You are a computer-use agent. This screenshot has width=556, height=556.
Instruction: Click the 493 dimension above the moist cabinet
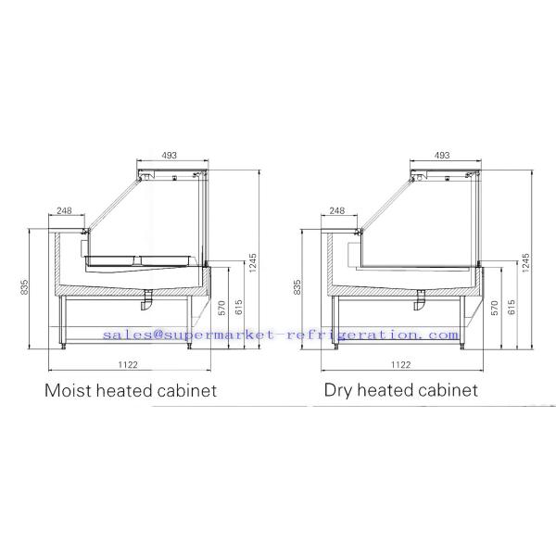click(x=170, y=155)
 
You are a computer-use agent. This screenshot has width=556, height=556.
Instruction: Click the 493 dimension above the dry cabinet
click(x=442, y=155)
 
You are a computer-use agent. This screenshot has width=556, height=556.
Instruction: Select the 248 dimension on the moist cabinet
click(x=64, y=210)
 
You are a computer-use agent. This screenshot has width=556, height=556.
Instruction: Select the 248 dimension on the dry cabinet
click(x=337, y=210)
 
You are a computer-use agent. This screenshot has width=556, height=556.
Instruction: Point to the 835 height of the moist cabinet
click(x=24, y=287)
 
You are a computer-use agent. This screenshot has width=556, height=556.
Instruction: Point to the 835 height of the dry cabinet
click(x=297, y=287)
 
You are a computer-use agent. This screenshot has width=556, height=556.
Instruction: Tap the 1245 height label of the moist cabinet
click(x=253, y=263)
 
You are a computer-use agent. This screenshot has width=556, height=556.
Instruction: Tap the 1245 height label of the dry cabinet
click(x=525, y=263)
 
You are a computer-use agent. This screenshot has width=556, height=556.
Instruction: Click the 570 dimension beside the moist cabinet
click(x=222, y=308)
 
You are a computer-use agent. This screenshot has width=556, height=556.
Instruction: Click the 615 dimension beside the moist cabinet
click(x=239, y=307)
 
